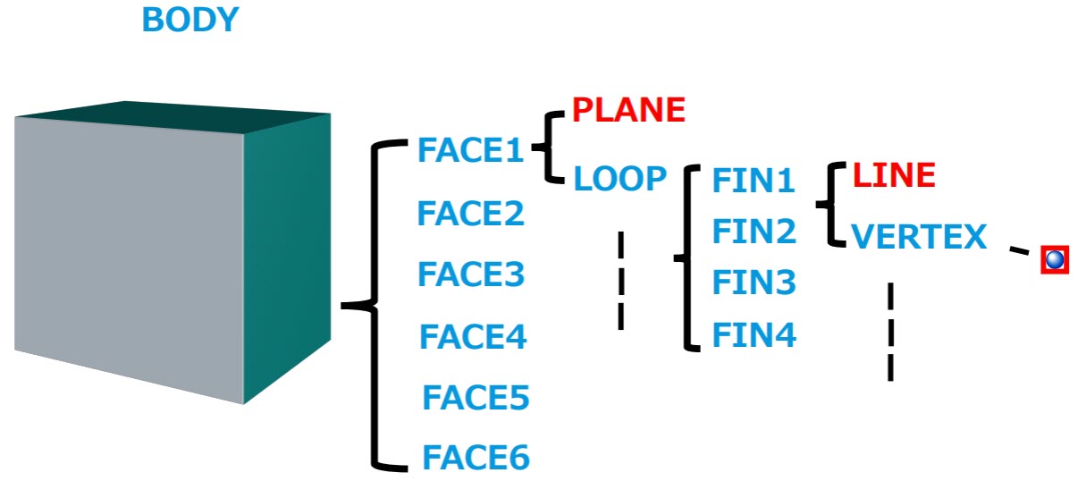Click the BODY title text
tap(190, 20)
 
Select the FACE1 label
tap(471, 149)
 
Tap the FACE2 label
tap(471, 214)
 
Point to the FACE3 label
tap(471, 274)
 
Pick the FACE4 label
tap(473, 336)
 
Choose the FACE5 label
tap(476, 397)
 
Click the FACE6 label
tap(476, 457)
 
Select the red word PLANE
tap(628, 110)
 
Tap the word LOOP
tap(619, 178)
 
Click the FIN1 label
tap(754, 181)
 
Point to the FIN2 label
tap(754, 231)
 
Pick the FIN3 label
tap(754, 282)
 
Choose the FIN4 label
tap(754, 334)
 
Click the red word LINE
tap(894, 174)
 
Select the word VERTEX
tap(919, 236)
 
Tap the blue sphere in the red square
tap(1055, 260)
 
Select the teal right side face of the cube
tap(287, 255)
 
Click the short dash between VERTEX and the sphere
tap(1019, 250)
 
